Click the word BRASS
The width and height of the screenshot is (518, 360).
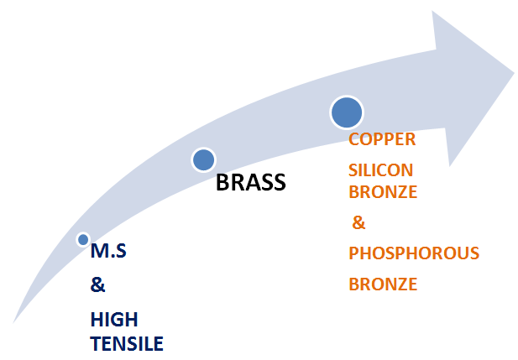click(x=251, y=182)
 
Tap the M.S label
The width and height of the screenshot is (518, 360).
click(x=108, y=252)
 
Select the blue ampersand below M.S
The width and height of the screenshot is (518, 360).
click(x=97, y=284)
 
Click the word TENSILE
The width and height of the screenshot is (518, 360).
click(x=127, y=342)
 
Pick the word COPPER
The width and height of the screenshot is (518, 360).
click(x=383, y=138)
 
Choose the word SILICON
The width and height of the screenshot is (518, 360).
click(x=380, y=170)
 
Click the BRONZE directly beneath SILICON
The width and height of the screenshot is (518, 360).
click(x=383, y=191)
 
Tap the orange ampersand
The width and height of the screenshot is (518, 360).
click(x=359, y=223)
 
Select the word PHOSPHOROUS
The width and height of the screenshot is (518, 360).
click(x=414, y=253)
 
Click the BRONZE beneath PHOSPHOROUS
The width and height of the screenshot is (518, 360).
click(x=383, y=284)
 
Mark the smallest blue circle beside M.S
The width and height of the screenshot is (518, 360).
click(x=83, y=240)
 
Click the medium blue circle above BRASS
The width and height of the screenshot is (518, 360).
click(x=204, y=159)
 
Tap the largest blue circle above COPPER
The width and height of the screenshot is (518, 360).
click(x=347, y=112)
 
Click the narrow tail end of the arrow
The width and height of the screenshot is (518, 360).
click(x=15, y=320)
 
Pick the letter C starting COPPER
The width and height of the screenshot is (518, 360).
click(x=354, y=138)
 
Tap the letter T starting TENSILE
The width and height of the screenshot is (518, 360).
click(x=96, y=342)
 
